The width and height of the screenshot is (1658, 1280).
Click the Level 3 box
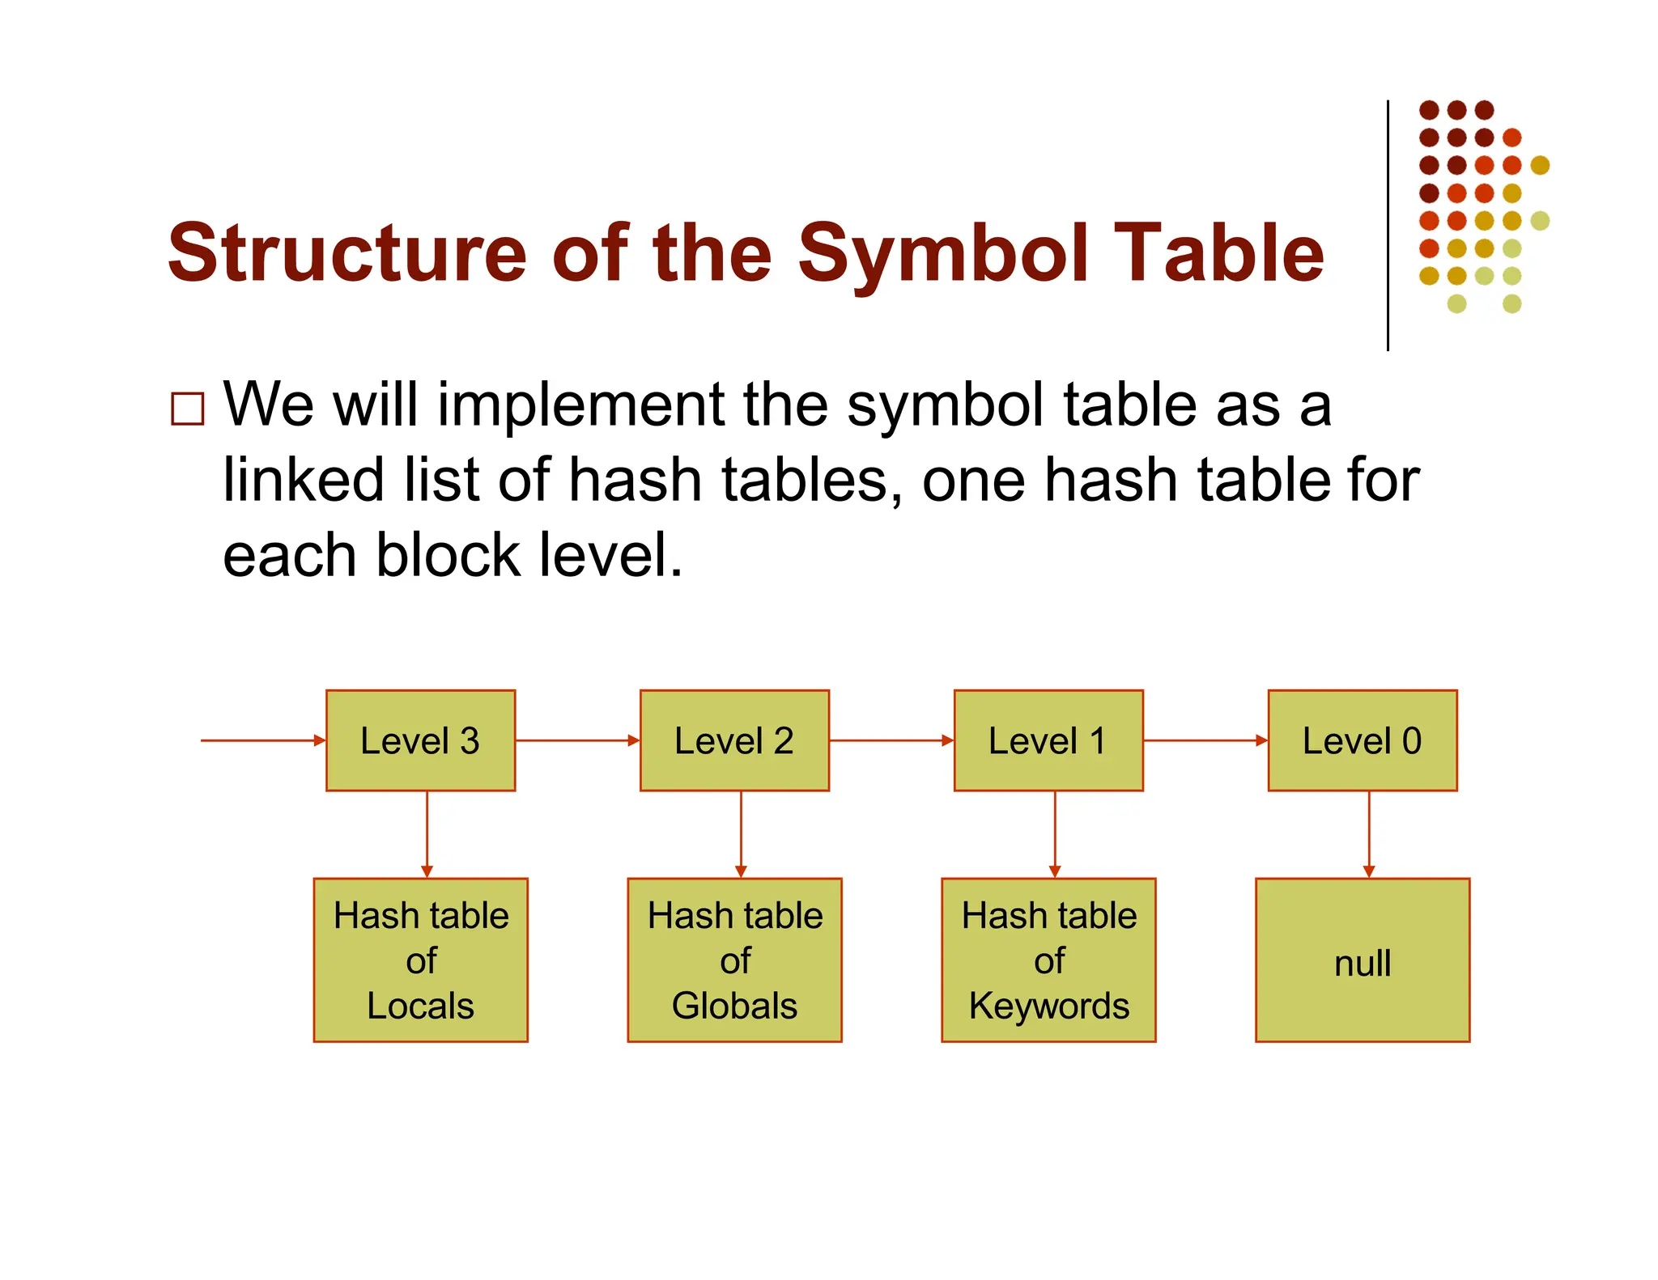coord(420,740)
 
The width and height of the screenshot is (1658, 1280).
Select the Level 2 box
coord(734,740)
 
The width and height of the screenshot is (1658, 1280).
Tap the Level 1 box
coord(1048,740)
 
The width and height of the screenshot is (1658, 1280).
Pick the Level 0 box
coord(1363,740)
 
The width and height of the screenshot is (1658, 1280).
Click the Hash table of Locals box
coord(420,960)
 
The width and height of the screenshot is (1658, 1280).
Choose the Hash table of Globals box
coord(734,960)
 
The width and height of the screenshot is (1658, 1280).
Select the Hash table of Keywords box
coord(1048,960)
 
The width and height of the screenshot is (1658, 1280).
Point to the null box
coord(1363,960)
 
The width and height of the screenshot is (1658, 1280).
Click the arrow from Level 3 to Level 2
coord(577,740)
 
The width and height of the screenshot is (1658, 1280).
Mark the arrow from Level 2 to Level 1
coord(891,740)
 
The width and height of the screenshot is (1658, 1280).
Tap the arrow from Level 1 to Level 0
coord(1205,740)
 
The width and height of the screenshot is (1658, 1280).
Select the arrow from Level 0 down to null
coord(1369,833)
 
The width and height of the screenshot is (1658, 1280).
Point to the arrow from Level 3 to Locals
coord(427,833)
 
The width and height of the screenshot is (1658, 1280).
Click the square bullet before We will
coord(187,409)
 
